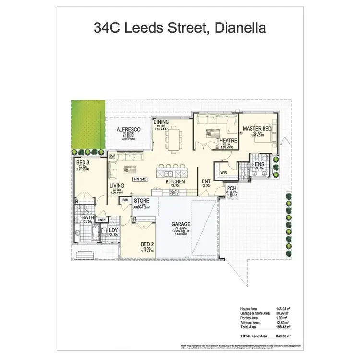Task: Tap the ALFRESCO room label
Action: click(x=128, y=130)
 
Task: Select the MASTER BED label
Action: click(x=257, y=129)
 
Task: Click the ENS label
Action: click(x=259, y=164)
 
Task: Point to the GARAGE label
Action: click(x=181, y=224)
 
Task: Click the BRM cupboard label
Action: click(x=126, y=199)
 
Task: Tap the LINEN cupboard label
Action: click(x=102, y=220)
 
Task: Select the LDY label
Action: click(x=114, y=230)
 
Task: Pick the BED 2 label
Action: click(x=147, y=244)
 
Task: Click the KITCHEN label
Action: click(x=175, y=182)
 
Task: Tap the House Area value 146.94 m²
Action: click(x=281, y=309)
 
